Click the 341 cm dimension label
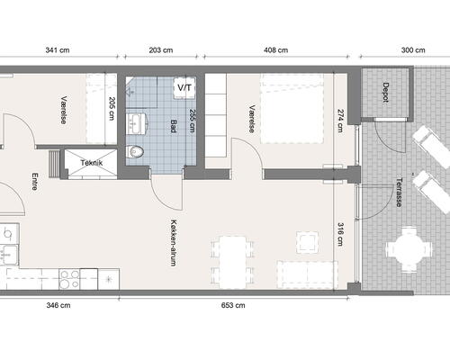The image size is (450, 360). click(58, 50)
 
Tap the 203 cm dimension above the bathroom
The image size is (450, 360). click(161, 50)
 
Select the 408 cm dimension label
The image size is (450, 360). click(275, 50)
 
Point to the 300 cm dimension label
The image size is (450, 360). click(413, 50)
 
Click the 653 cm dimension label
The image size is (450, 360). click(233, 305)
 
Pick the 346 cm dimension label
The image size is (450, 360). click(58, 305)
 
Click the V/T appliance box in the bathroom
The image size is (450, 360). click(184, 88)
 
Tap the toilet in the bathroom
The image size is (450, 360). click(135, 151)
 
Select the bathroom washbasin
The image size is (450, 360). click(137, 123)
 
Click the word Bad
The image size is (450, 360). click(174, 126)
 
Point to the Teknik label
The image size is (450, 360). click(92, 163)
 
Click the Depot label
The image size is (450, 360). click(386, 93)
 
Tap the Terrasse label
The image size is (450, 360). click(399, 193)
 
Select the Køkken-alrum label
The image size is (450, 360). click(174, 243)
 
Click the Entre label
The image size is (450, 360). click(34, 181)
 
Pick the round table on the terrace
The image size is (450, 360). click(409, 249)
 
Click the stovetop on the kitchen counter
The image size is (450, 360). click(69, 279)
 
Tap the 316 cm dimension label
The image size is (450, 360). click(340, 234)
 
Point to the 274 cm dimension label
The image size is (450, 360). click(340, 121)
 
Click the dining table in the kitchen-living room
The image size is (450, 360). click(232, 262)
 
